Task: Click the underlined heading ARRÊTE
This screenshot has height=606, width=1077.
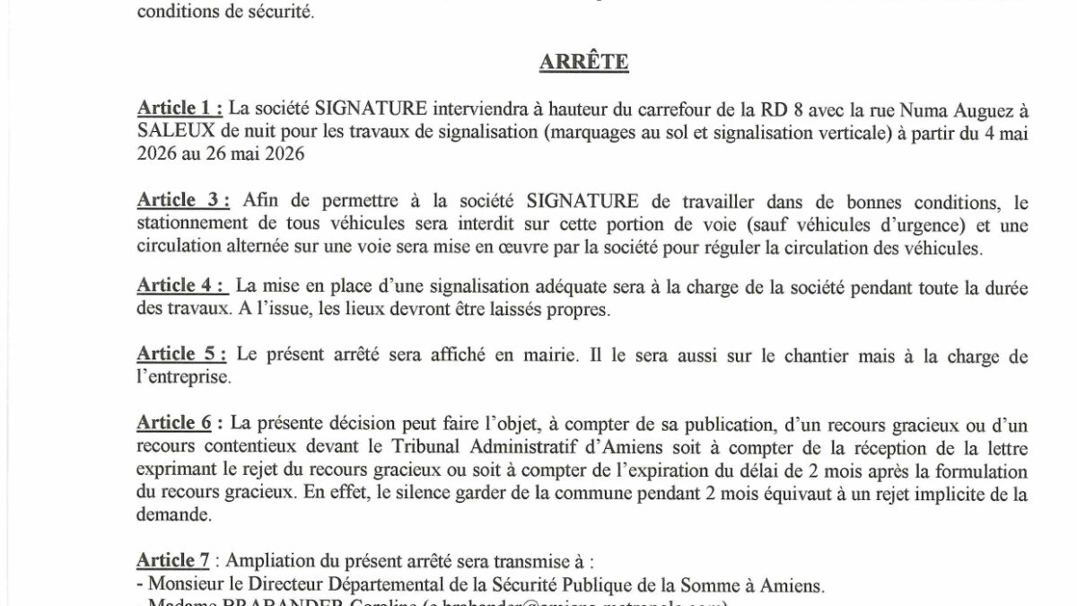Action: tap(583, 63)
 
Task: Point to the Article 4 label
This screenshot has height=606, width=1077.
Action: tap(180, 285)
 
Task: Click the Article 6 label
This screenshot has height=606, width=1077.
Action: tap(175, 422)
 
